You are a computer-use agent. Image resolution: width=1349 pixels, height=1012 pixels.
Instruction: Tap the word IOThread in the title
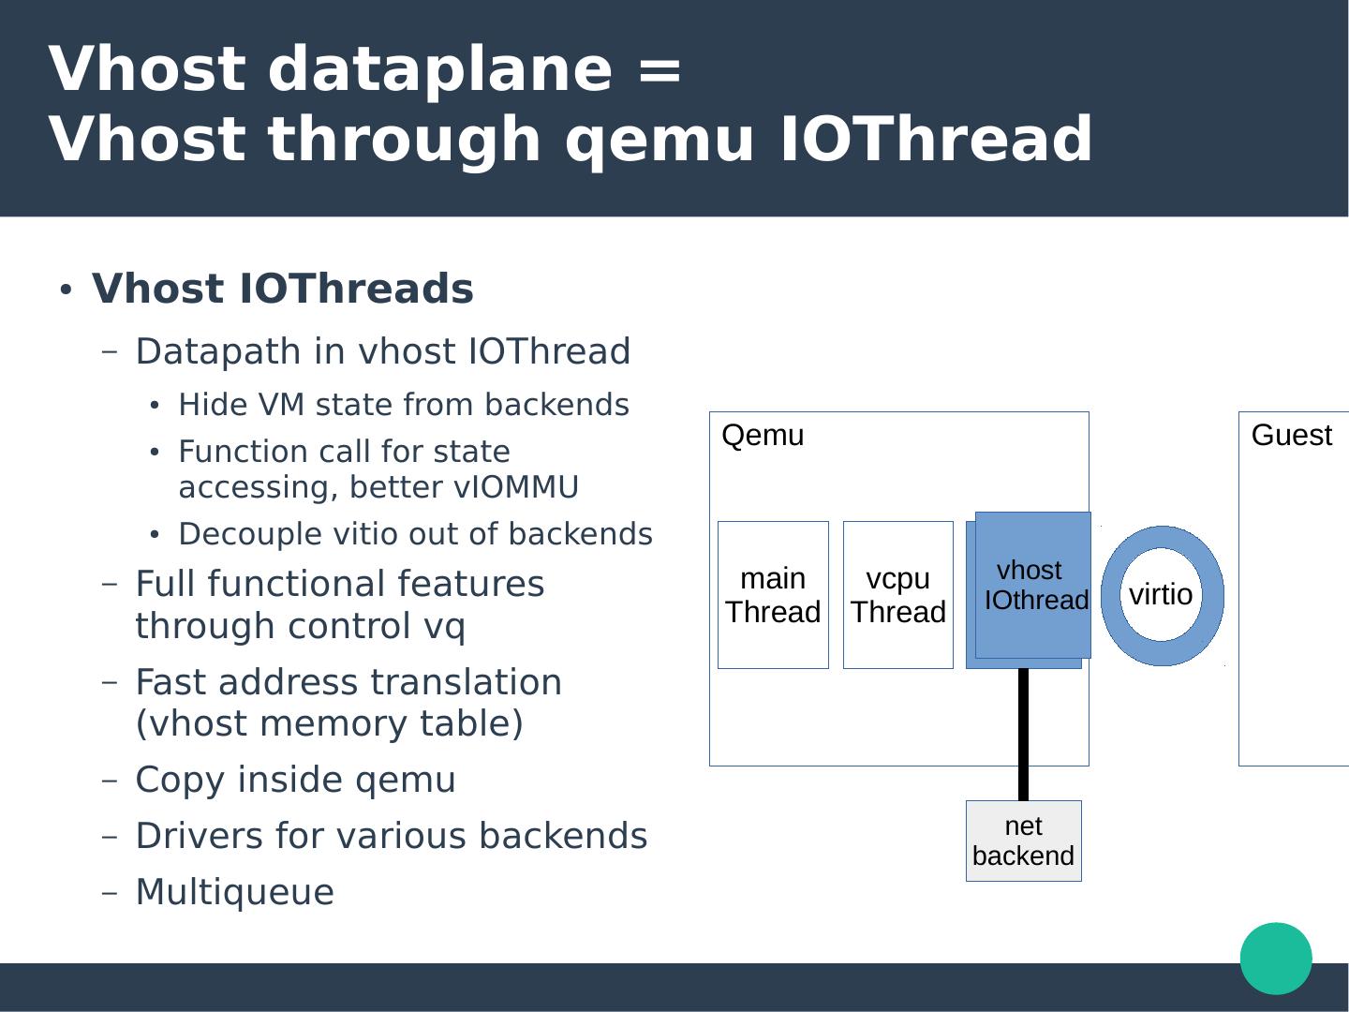[x=935, y=139]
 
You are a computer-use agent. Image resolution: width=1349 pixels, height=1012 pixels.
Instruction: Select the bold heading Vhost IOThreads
[x=282, y=289]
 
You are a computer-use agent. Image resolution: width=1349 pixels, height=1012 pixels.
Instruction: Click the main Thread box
[x=773, y=595]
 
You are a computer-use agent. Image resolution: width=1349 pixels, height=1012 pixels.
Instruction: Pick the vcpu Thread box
[x=897, y=595]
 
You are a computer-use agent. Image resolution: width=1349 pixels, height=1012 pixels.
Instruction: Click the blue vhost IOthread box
[x=1032, y=586]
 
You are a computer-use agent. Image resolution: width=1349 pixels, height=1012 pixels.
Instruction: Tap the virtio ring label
[x=1161, y=595]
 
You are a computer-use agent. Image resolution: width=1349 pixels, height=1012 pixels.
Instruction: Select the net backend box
[x=1023, y=841]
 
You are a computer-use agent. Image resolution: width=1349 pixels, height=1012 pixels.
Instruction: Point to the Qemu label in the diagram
[x=763, y=436]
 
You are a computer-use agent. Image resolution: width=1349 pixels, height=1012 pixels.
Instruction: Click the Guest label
[x=1291, y=436]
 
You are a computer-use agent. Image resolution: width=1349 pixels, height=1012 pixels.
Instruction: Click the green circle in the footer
[x=1276, y=958]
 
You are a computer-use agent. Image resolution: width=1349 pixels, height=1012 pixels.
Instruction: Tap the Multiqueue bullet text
[x=234, y=892]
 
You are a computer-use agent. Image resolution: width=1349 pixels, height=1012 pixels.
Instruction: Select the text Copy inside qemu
[x=295, y=780]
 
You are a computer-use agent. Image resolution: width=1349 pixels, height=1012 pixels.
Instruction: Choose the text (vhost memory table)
[x=329, y=723]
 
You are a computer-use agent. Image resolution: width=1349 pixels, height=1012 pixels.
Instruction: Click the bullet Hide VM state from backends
[x=403, y=405]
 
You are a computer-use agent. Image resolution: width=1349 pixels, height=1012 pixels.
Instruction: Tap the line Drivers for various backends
[x=391, y=836]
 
